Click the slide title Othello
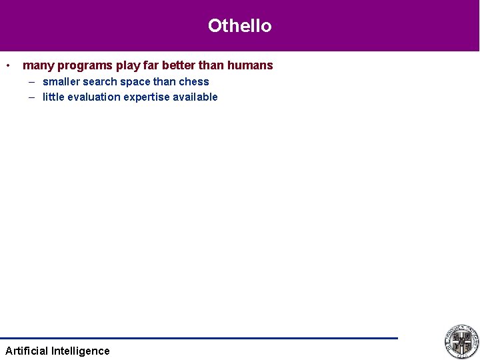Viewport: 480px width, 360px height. (x=239, y=26)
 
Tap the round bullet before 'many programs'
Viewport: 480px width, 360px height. (x=7, y=65)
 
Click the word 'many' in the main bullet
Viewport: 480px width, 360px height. (x=38, y=65)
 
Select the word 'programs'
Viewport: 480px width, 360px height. (x=85, y=65)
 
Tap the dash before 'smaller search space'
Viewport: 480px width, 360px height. (x=32, y=82)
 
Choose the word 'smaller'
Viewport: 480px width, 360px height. (x=61, y=82)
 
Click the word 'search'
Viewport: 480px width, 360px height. (x=99, y=82)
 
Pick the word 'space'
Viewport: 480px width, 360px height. (x=135, y=82)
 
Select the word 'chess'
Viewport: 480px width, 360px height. (x=194, y=82)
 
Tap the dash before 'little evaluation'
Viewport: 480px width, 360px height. (x=32, y=97)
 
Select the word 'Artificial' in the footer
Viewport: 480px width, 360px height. (x=27, y=351)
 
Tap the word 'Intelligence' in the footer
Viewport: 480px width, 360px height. (x=81, y=351)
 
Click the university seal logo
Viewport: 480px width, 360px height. (x=461, y=341)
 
